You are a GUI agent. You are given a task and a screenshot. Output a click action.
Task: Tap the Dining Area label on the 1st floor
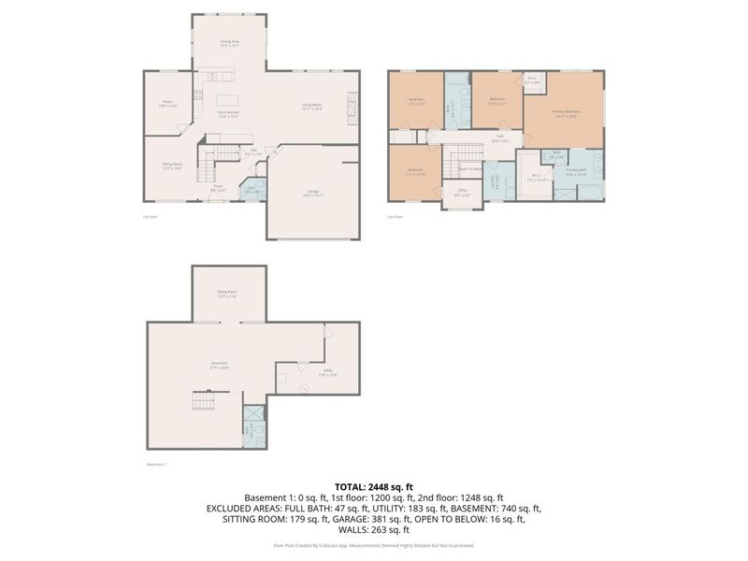(x=229, y=43)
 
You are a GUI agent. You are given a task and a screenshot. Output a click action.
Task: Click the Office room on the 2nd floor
(x=462, y=194)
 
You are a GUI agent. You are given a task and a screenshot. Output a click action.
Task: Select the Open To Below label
(x=469, y=168)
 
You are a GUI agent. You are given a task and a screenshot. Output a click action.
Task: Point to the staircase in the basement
(x=203, y=401)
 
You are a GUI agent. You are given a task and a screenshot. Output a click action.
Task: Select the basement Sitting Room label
(x=228, y=294)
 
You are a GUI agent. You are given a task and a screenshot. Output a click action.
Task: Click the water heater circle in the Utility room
(x=303, y=388)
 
